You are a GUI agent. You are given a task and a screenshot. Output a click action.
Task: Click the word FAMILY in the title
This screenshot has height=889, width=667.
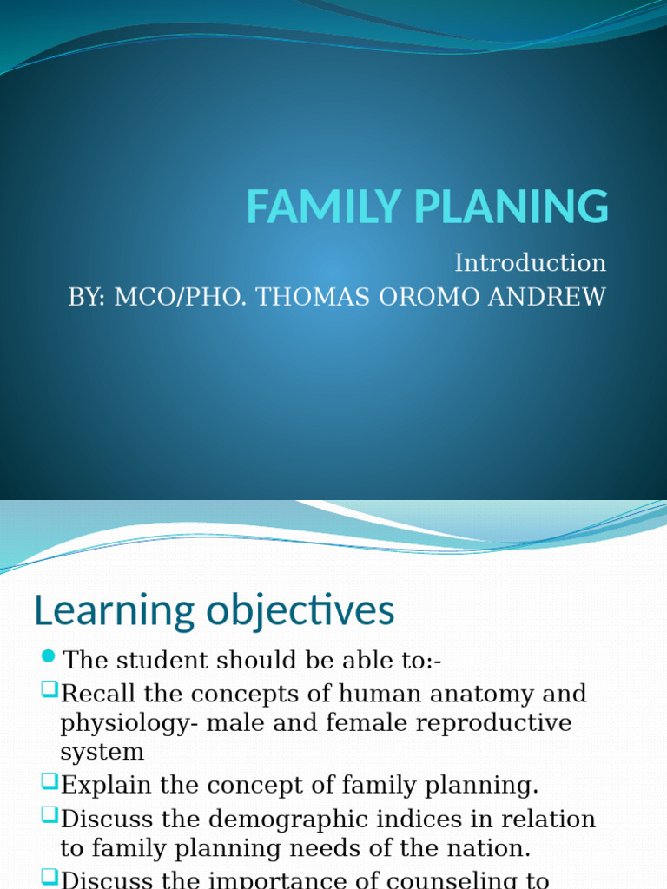pos(313,207)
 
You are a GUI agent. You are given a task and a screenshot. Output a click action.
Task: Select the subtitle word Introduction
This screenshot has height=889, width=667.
pos(530,263)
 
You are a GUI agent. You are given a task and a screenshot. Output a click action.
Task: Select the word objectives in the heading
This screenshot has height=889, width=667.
pos(300,611)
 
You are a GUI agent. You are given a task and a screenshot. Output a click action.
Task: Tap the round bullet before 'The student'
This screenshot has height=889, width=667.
pos(48,655)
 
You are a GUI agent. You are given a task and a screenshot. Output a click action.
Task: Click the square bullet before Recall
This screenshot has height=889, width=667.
pos(49,689)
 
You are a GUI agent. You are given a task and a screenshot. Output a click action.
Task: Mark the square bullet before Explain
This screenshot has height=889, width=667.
pos(49,781)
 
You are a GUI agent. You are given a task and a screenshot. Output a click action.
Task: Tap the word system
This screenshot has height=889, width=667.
pos(102,752)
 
